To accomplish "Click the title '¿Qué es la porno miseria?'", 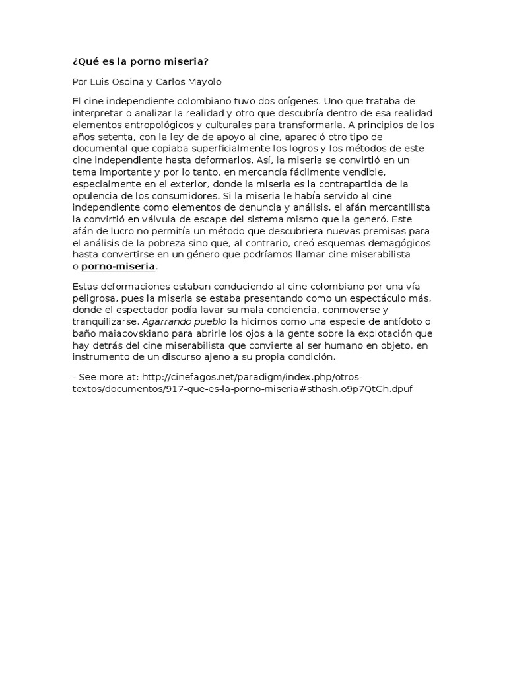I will point(140,62).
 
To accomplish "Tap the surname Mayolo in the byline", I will point(205,82).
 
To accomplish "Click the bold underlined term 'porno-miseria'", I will point(118,267).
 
